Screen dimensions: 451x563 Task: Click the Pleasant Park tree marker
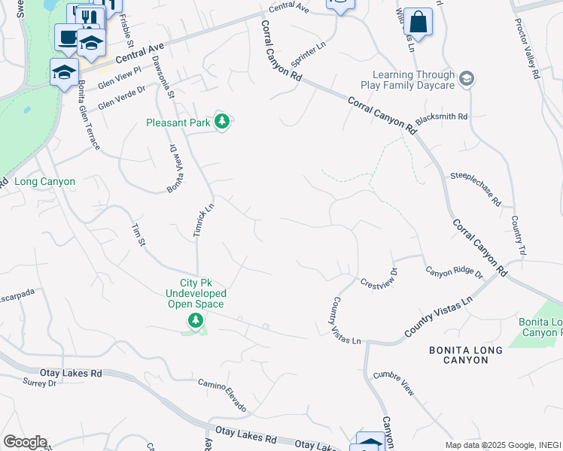(221, 121)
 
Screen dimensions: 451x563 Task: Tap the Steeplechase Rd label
(476, 189)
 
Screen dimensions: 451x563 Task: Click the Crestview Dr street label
(379, 279)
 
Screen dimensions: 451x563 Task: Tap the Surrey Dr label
(40, 383)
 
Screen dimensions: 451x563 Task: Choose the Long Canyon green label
(45, 182)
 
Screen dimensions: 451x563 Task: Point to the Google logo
(25, 442)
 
